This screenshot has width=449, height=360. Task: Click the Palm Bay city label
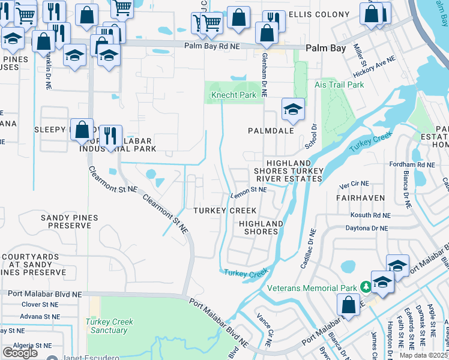point(325,48)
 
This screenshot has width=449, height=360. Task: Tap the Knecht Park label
point(234,95)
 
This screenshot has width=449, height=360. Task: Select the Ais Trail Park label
point(339,85)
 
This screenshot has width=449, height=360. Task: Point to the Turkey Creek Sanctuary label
point(109,326)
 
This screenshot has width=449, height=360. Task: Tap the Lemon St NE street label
point(249,190)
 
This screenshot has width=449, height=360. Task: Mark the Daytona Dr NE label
point(367,228)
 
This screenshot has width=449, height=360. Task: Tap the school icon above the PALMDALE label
point(293,110)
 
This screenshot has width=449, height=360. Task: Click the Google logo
point(20,352)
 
